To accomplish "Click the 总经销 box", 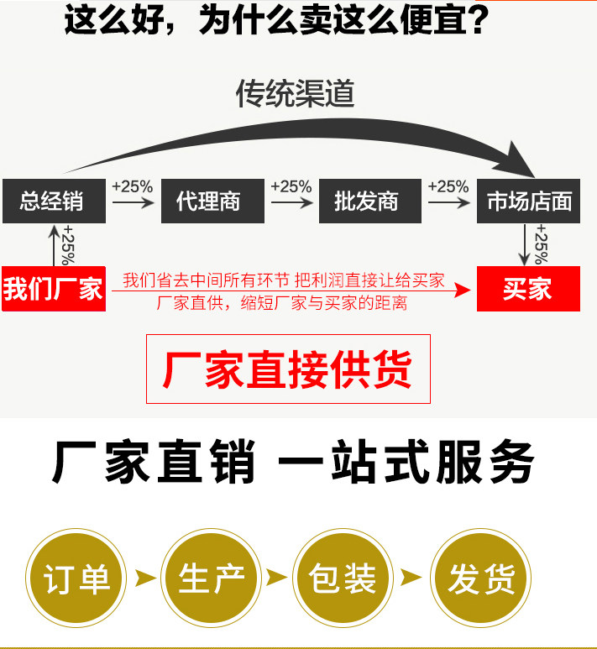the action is click(x=54, y=201).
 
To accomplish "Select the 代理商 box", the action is click(x=212, y=201).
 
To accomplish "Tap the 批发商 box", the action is click(x=369, y=201).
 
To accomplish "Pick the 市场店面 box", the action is click(x=528, y=201).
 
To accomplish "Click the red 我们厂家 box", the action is click(x=54, y=288).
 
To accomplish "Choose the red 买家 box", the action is click(x=528, y=288).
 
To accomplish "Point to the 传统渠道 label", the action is click(x=295, y=93).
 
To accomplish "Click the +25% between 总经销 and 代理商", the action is click(x=133, y=186).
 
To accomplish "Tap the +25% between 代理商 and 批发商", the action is click(x=291, y=186).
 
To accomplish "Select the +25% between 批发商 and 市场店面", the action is click(x=448, y=186).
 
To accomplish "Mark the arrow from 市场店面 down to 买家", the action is click(x=526, y=245).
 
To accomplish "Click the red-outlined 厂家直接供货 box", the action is click(x=288, y=369).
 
